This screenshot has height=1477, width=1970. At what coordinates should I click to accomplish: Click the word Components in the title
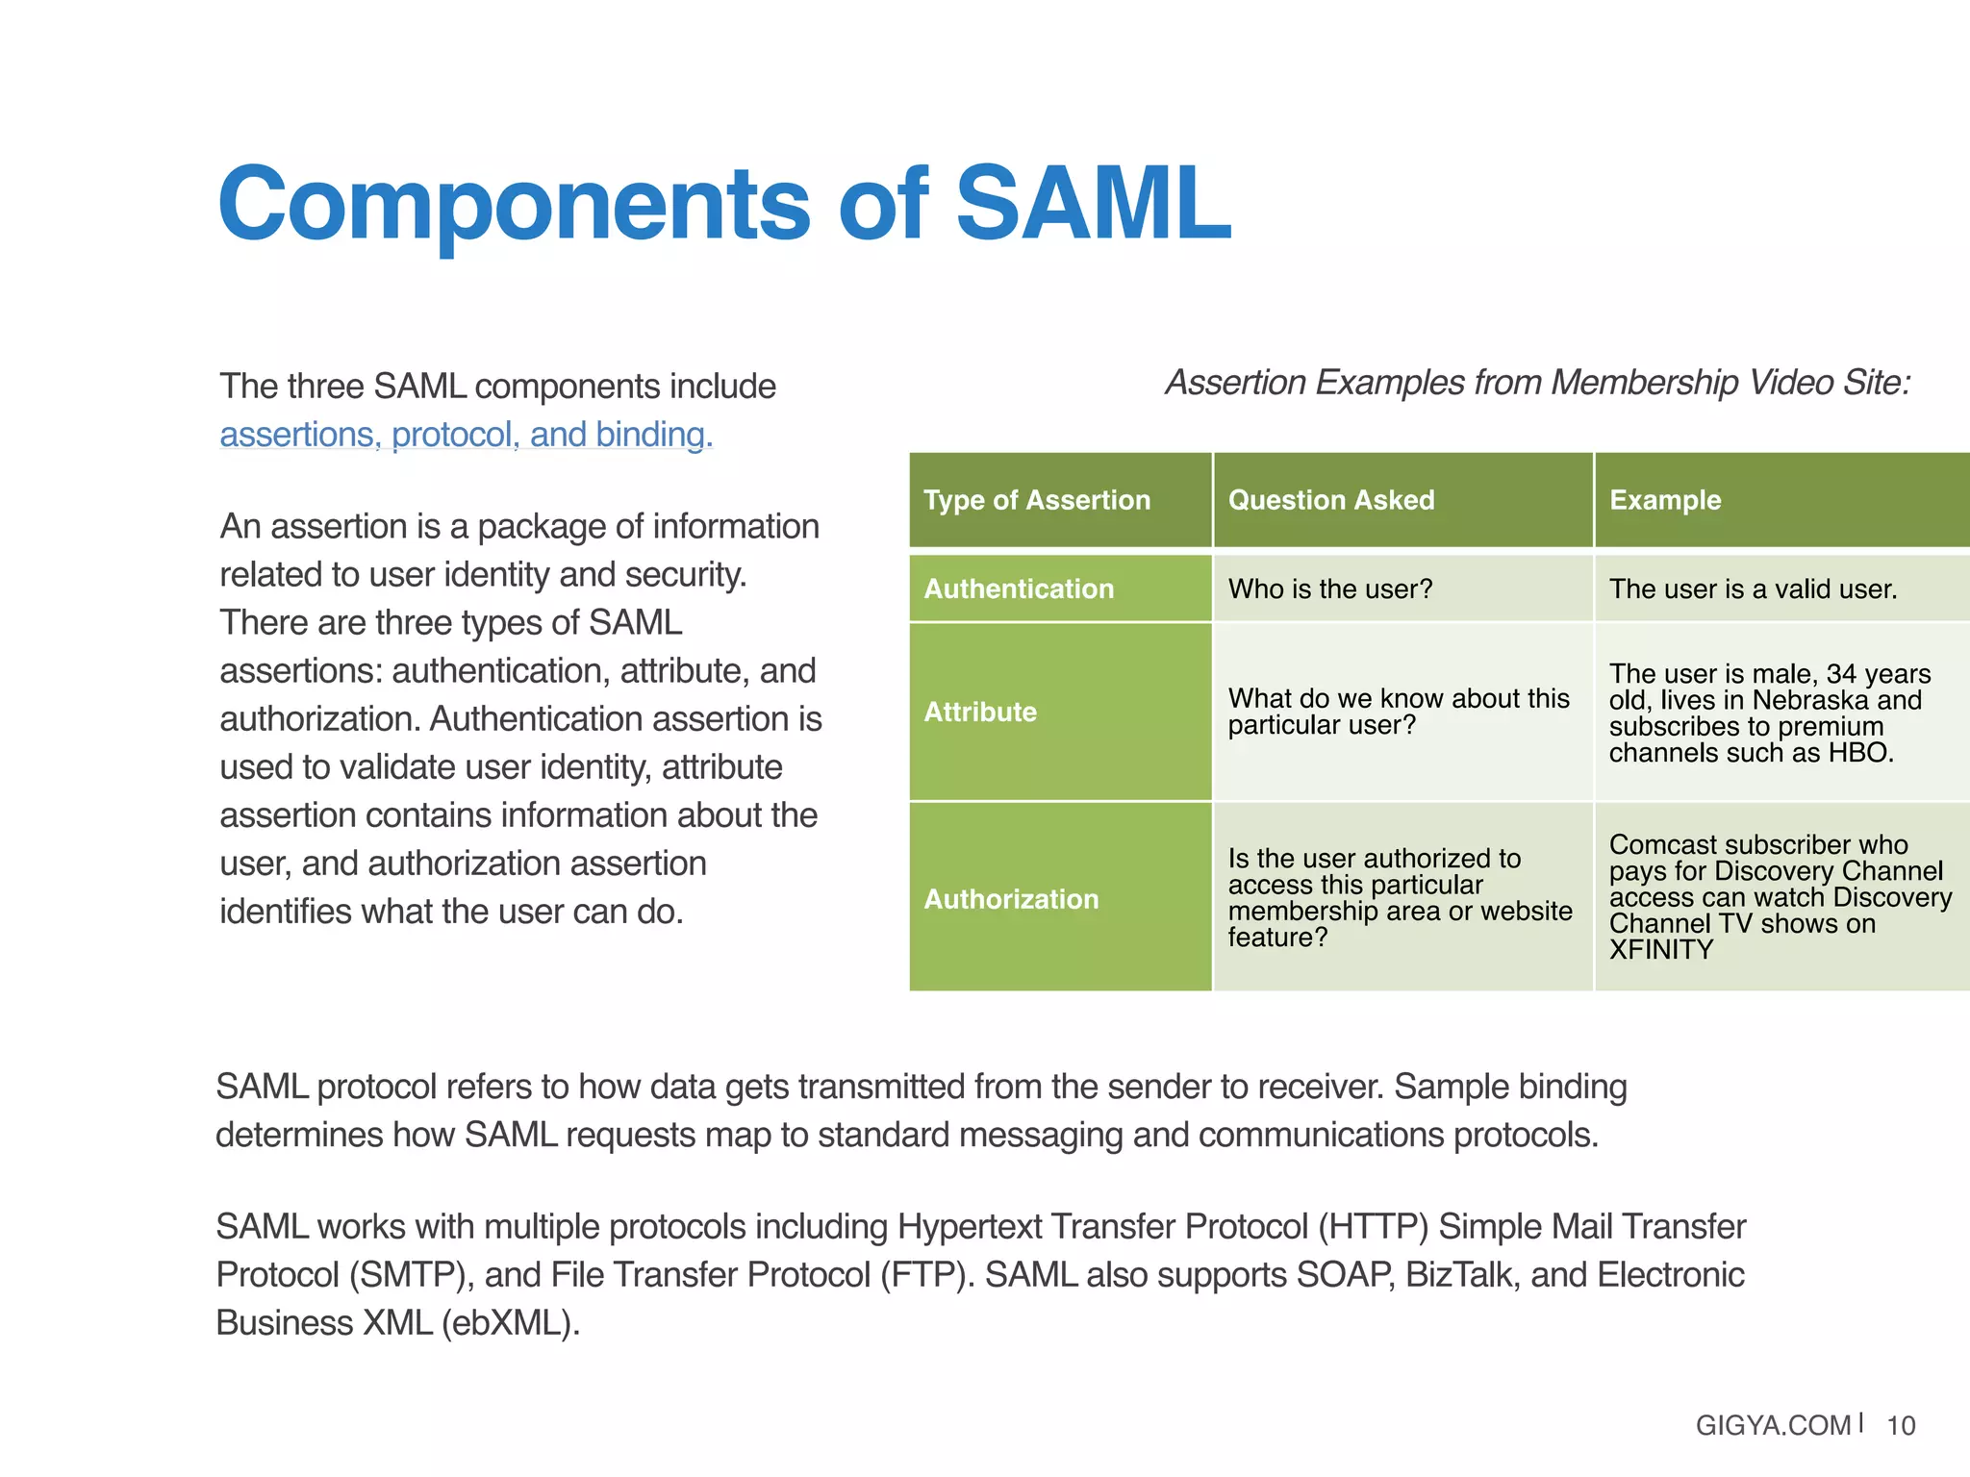[x=515, y=204]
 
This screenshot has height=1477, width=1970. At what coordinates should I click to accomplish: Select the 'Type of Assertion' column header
[x=1037, y=500]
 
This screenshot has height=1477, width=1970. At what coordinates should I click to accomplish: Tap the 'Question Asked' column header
[x=1330, y=500]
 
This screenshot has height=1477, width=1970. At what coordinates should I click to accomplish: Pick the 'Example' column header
[x=1665, y=500]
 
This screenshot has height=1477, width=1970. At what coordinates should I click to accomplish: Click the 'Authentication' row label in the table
[x=1019, y=588]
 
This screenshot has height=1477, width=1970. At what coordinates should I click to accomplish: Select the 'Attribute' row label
[x=980, y=712]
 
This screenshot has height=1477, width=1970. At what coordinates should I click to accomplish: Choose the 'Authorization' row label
[x=1011, y=899]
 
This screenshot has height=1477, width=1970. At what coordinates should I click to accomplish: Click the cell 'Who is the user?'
[x=1330, y=588]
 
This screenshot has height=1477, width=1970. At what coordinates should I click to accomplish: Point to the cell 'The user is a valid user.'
[x=1753, y=588]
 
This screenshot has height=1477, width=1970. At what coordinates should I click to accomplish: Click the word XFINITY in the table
[x=1661, y=950]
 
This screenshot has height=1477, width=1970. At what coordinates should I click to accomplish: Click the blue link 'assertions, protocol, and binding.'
[x=467, y=435]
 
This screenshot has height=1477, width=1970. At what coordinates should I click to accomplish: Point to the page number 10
[x=1901, y=1425]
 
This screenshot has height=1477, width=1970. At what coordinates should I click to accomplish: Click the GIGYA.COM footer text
[x=1773, y=1425]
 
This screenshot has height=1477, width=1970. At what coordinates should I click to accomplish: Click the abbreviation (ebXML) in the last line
[x=509, y=1323]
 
